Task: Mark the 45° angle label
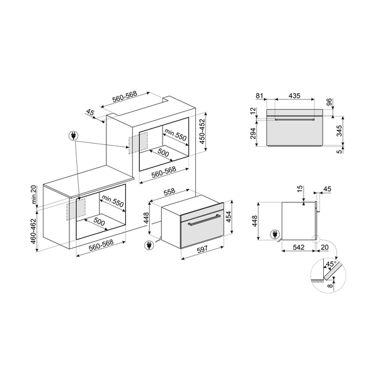coord(329,263)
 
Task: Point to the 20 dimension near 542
coord(324,248)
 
